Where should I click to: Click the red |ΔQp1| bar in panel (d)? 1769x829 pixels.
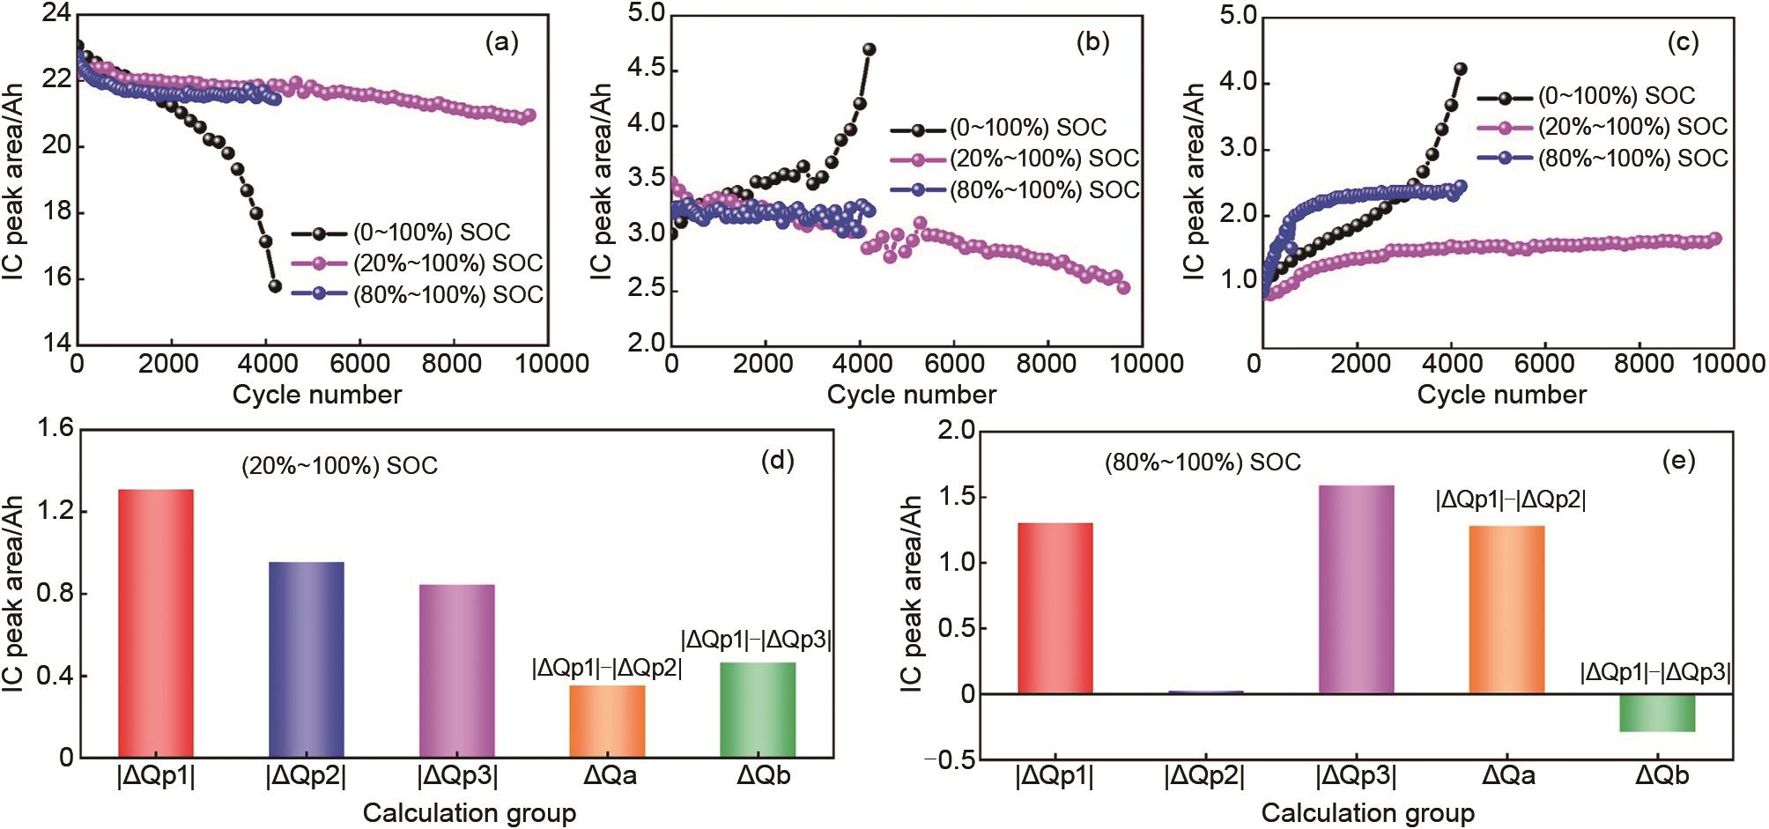click(156, 623)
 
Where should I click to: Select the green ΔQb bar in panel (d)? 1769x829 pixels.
click(758, 709)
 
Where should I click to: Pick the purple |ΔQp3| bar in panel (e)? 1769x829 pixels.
click(1356, 589)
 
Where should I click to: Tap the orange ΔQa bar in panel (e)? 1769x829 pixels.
click(1506, 610)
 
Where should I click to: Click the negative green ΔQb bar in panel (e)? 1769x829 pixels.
click(1657, 713)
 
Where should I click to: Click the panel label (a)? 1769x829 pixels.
click(502, 42)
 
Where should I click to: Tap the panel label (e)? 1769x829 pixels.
click(1677, 461)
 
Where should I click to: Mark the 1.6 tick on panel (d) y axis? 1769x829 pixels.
click(56, 430)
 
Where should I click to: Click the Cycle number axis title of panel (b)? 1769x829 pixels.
click(911, 395)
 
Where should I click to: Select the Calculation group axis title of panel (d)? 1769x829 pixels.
click(470, 812)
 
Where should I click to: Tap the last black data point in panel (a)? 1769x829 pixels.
click(274, 285)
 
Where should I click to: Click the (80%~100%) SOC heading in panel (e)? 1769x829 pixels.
click(1203, 463)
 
